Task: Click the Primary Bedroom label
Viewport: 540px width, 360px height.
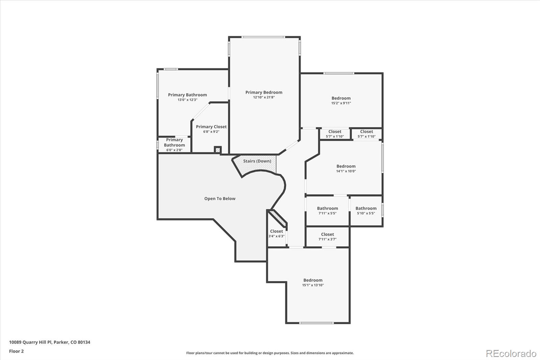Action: click(x=264, y=92)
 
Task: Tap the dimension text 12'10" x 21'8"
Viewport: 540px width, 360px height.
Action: click(x=264, y=97)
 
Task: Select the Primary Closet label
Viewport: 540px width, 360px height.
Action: click(x=211, y=127)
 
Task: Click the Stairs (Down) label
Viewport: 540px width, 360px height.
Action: click(x=257, y=161)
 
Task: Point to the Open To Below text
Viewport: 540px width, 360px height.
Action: click(x=220, y=199)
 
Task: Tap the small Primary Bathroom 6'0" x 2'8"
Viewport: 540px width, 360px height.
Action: click(x=174, y=145)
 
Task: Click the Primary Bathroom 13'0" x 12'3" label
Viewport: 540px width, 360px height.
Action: click(x=187, y=95)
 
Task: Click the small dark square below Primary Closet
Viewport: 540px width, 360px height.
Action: click(x=218, y=150)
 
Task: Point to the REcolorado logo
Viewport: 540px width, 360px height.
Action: click(x=511, y=354)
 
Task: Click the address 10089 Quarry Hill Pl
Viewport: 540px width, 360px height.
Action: click(x=50, y=342)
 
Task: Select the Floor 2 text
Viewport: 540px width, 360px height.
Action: click(x=16, y=351)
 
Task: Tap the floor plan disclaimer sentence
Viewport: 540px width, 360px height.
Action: click(x=270, y=353)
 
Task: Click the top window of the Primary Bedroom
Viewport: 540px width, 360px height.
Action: click(x=264, y=37)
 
